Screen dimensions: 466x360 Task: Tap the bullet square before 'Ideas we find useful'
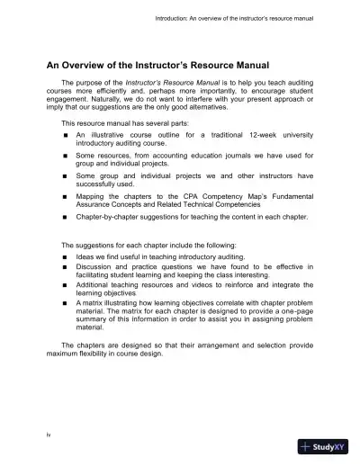pyautogui.click(x=67, y=256)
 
